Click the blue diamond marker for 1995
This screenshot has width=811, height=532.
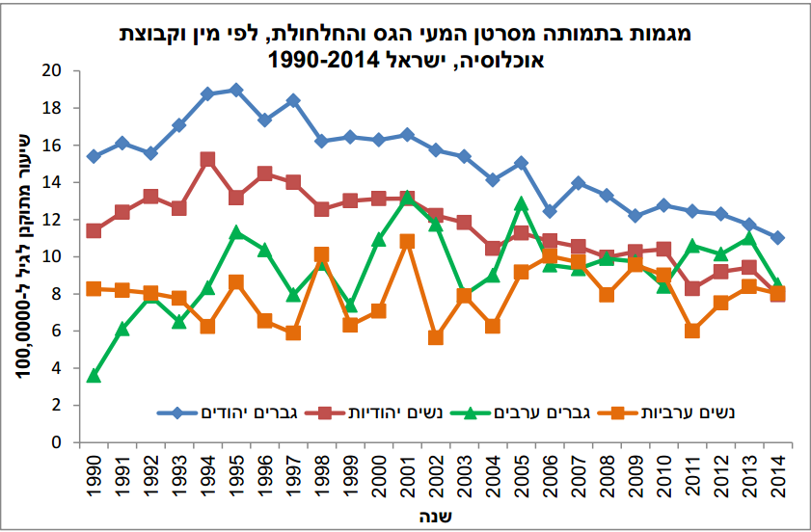(236, 90)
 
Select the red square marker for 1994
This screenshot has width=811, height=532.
(207, 160)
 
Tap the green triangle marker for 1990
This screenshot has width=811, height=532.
(94, 376)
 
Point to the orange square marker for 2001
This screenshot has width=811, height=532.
(407, 241)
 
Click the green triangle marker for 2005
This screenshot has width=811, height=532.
(521, 203)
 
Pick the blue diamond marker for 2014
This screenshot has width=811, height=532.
(777, 237)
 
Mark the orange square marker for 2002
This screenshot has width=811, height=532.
(435, 337)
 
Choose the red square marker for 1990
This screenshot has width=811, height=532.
(94, 230)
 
